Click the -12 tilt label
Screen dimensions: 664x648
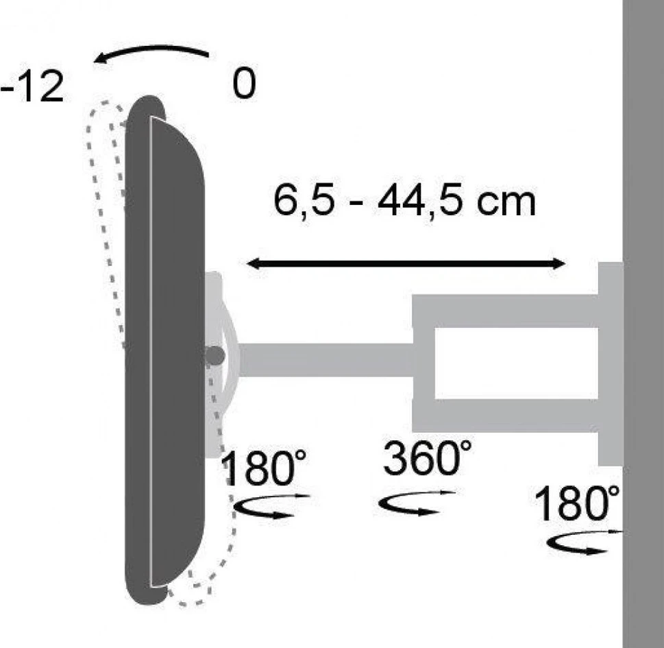pyautogui.click(x=32, y=86)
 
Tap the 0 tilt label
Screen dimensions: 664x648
pyautogui.click(x=245, y=83)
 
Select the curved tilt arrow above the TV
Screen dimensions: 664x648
pyautogui.click(x=151, y=51)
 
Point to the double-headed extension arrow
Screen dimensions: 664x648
pyautogui.click(x=406, y=263)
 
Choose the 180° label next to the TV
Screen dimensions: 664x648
pyautogui.click(x=265, y=468)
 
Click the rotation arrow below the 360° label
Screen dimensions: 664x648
pyautogui.click(x=417, y=503)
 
